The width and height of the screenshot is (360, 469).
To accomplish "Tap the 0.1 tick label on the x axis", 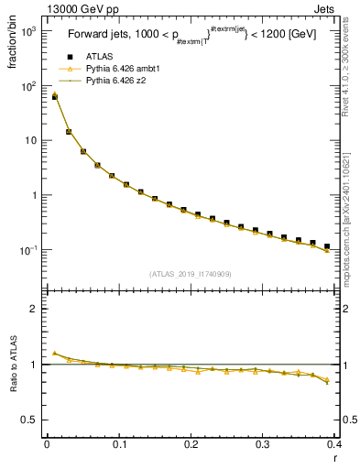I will tap(119, 444).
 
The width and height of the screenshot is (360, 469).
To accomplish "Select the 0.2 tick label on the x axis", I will tap(191, 444).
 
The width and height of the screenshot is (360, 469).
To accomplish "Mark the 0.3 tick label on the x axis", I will tap(263, 444).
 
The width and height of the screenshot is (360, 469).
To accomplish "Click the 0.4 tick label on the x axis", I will tap(334, 444).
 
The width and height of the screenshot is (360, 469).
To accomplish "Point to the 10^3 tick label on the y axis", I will tap(27, 31).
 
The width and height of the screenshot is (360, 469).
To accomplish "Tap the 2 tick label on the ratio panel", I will tap(33, 309).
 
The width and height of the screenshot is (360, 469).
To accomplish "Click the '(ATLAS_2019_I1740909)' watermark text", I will tap(191, 275).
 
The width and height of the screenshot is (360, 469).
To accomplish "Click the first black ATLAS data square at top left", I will tap(54, 96).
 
